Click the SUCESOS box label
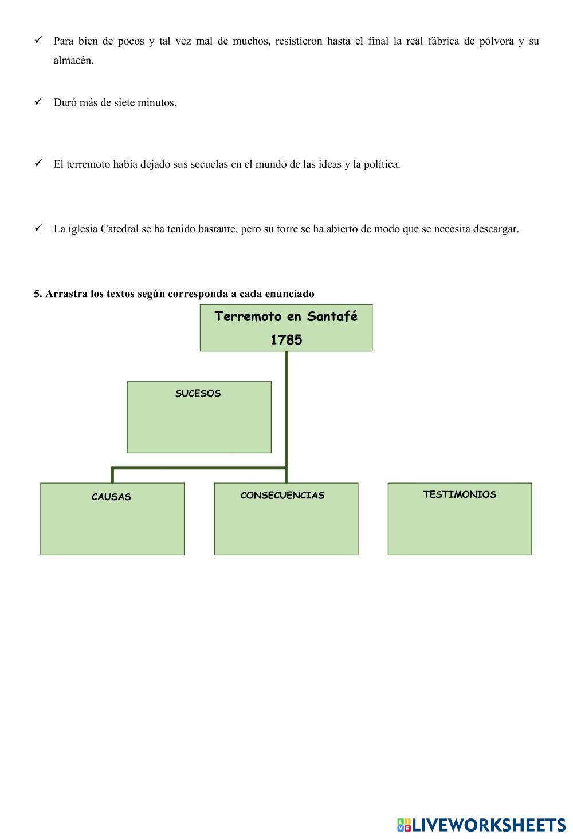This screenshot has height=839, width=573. point(198,394)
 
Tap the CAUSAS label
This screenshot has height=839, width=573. point(111,497)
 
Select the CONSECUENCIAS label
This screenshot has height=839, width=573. point(282,496)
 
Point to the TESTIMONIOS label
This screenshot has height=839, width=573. point(460,495)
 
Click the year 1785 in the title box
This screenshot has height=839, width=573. point(286,340)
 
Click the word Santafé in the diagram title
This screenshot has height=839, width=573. point(332,317)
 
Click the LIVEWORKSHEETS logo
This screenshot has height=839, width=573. point(481,825)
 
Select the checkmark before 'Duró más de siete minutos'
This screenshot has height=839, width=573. point(38,101)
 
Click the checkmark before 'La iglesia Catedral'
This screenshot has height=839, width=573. point(38,228)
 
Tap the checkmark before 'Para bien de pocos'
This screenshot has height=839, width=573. point(38,39)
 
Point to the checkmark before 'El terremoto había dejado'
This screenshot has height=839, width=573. point(38,163)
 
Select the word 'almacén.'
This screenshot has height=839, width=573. point(73,61)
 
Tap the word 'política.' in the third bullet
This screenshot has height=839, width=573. point(382,165)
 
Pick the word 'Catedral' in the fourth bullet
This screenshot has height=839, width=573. point(119,229)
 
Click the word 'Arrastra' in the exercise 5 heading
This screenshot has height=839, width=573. point(66,294)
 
